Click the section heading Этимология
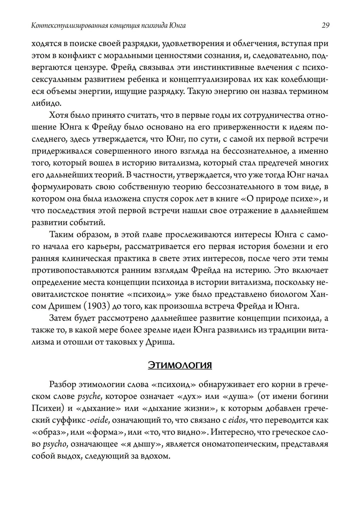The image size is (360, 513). coord(180,365)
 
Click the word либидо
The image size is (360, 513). coord(45,103)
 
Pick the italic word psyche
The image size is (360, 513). coord(86,397)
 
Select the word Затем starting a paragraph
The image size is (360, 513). coord(60,318)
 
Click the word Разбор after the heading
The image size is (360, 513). coord(62,384)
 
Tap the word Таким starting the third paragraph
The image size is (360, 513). coord(60,235)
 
